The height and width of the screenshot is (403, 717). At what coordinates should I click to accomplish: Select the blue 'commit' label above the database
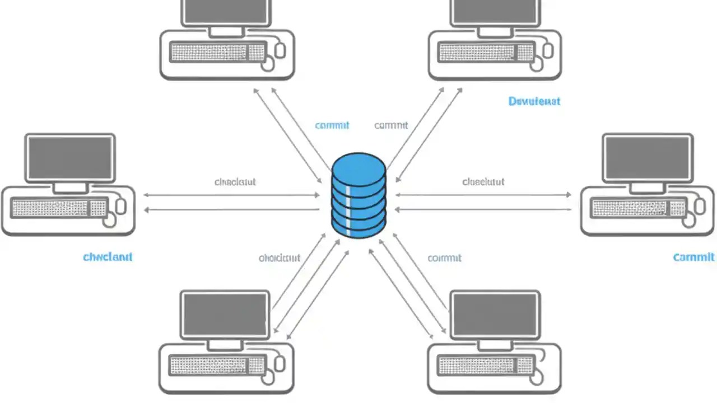point(332,125)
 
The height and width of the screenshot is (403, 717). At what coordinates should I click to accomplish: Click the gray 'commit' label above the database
point(391,125)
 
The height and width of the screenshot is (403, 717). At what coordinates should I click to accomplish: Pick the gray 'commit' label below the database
point(444,257)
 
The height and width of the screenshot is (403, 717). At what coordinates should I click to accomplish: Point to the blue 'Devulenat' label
point(534,101)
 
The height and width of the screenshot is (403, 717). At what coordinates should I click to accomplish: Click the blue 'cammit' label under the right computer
point(693,257)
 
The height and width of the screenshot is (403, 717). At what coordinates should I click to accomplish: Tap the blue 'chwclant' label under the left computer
point(108,257)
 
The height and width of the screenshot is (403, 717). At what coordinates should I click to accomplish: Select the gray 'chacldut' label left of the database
point(235,182)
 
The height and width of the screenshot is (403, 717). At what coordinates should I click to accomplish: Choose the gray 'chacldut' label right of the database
point(483,182)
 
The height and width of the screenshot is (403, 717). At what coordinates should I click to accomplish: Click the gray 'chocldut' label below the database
point(280,257)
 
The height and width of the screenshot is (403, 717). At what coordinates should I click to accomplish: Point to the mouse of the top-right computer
point(547,50)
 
